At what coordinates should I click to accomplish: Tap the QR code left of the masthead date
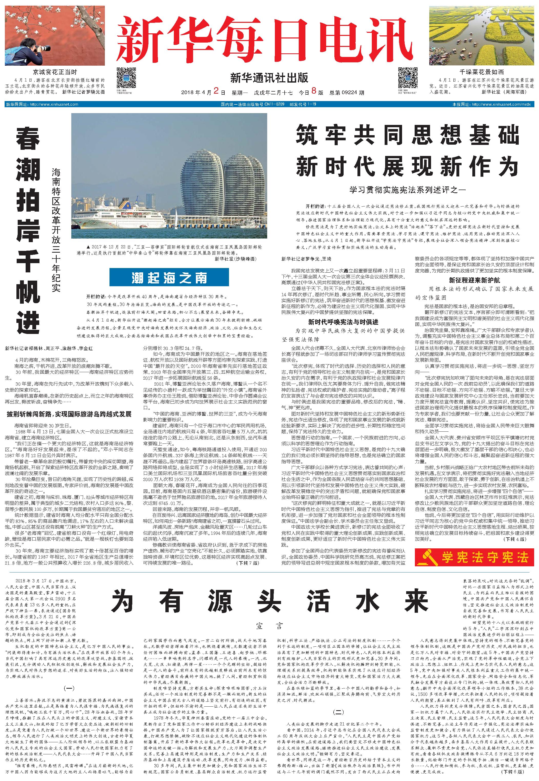[x=126, y=78]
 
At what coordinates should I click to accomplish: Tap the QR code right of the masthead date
[x=408, y=78]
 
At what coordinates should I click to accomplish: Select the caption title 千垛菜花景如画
[x=482, y=72]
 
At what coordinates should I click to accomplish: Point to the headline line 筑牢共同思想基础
[x=407, y=134]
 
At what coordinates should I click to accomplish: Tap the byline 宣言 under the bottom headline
[x=269, y=627]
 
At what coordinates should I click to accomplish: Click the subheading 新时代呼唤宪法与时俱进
[x=343, y=322]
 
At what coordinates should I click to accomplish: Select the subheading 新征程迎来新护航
[x=474, y=280]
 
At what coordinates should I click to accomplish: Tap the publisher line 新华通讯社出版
[x=269, y=78]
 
